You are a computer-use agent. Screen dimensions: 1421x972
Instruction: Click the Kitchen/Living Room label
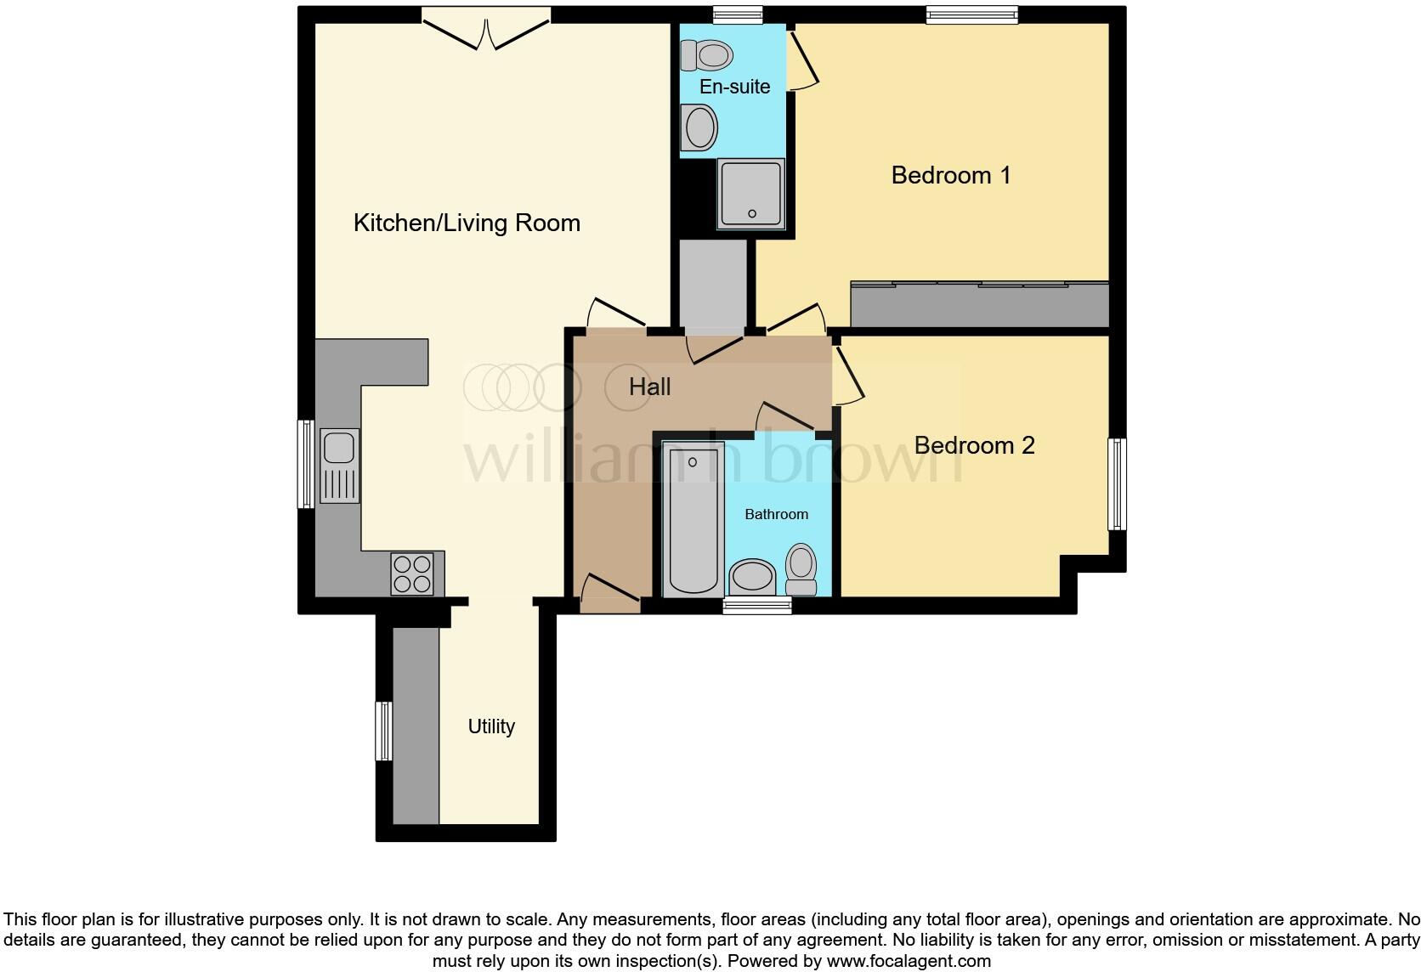pos(467,223)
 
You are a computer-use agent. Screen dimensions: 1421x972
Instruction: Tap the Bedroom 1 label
pos(950,175)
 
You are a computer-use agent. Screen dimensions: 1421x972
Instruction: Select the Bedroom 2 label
pos(975,445)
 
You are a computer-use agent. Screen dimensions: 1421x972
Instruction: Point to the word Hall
pos(649,387)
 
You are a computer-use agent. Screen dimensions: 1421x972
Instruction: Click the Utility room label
pos(491,726)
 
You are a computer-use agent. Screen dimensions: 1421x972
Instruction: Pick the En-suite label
pos(734,86)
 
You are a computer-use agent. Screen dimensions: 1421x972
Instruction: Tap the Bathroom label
pos(777,514)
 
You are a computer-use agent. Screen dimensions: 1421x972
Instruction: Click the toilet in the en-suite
pos(706,55)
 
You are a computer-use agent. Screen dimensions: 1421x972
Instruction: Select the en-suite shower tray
pos(751,194)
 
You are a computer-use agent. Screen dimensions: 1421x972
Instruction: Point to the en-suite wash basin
pos(699,127)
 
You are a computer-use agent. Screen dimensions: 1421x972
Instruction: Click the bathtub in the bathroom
pos(693,520)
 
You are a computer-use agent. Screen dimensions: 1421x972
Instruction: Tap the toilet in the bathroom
pos(801,569)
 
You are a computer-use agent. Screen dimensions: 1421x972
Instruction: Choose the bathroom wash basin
pos(752,578)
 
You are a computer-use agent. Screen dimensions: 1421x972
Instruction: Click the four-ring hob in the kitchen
pos(411,574)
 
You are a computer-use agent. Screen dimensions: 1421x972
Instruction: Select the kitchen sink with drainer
pos(339,466)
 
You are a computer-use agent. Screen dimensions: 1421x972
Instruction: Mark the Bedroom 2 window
pos(1117,483)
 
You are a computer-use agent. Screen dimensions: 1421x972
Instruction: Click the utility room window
pos(384,731)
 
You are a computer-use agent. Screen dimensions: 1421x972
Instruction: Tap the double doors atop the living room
pos(486,28)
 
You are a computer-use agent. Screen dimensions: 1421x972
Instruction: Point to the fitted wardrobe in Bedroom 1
pos(979,305)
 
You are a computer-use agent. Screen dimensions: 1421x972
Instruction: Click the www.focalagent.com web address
pos(909,961)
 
